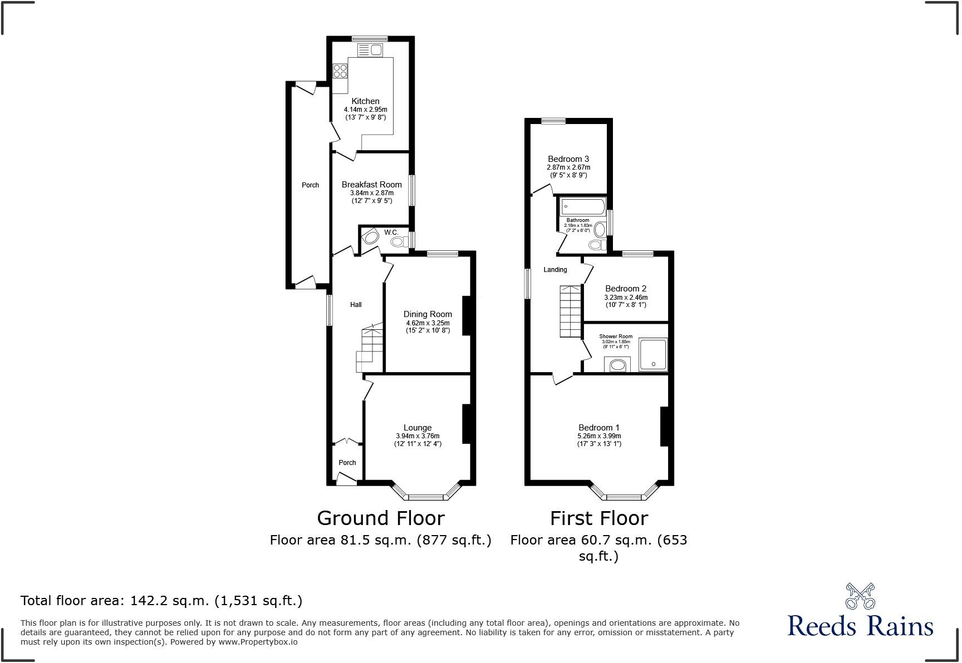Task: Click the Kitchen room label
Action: pyautogui.click(x=365, y=101)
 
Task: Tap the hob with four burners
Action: pyautogui.click(x=340, y=71)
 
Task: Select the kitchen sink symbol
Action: pyautogui.click(x=369, y=51)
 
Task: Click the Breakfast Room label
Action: pyautogui.click(x=371, y=185)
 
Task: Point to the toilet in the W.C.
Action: pyautogui.click(x=398, y=241)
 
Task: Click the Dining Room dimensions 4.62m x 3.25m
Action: pyautogui.click(x=428, y=323)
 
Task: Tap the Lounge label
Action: pyautogui.click(x=418, y=428)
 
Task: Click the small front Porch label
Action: pyautogui.click(x=347, y=463)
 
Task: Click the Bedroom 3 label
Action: pyautogui.click(x=568, y=159)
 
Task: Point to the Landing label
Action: pyautogui.click(x=555, y=270)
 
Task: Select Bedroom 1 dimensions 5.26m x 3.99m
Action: pyautogui.click(x=599, y=436)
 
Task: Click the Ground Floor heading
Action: pyautogui.click(x=381, y=518)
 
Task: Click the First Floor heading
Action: pyautogui.click(x=599, y=518)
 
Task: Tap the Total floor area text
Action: pyautogui.click(x=161, y=601)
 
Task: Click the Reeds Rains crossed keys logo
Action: pyautogui.click(x=860, y=596)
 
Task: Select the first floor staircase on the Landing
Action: pyautogui.click(x=571, y=311)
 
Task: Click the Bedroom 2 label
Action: pyautogui.click(x=626, y=289)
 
